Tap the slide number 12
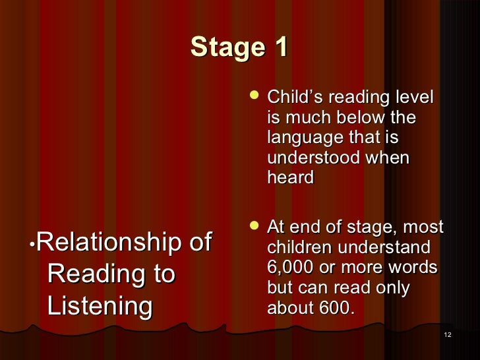coord(448,336)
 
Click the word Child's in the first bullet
coord(292,98)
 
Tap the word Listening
coord(100,306)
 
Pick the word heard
coord(290,177)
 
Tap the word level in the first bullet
coord(413,98)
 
